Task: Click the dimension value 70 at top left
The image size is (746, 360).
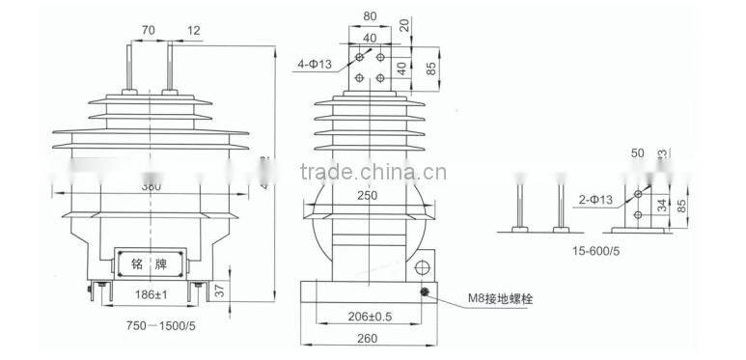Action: [x=148, y=31]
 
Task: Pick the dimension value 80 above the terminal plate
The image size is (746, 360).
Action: [x=370, y=16]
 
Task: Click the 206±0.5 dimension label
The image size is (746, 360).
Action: [x=370, y=316]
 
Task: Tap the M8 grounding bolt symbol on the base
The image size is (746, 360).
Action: [x=423, y=291]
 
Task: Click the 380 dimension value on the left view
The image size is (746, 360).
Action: [x=149, y=187]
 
